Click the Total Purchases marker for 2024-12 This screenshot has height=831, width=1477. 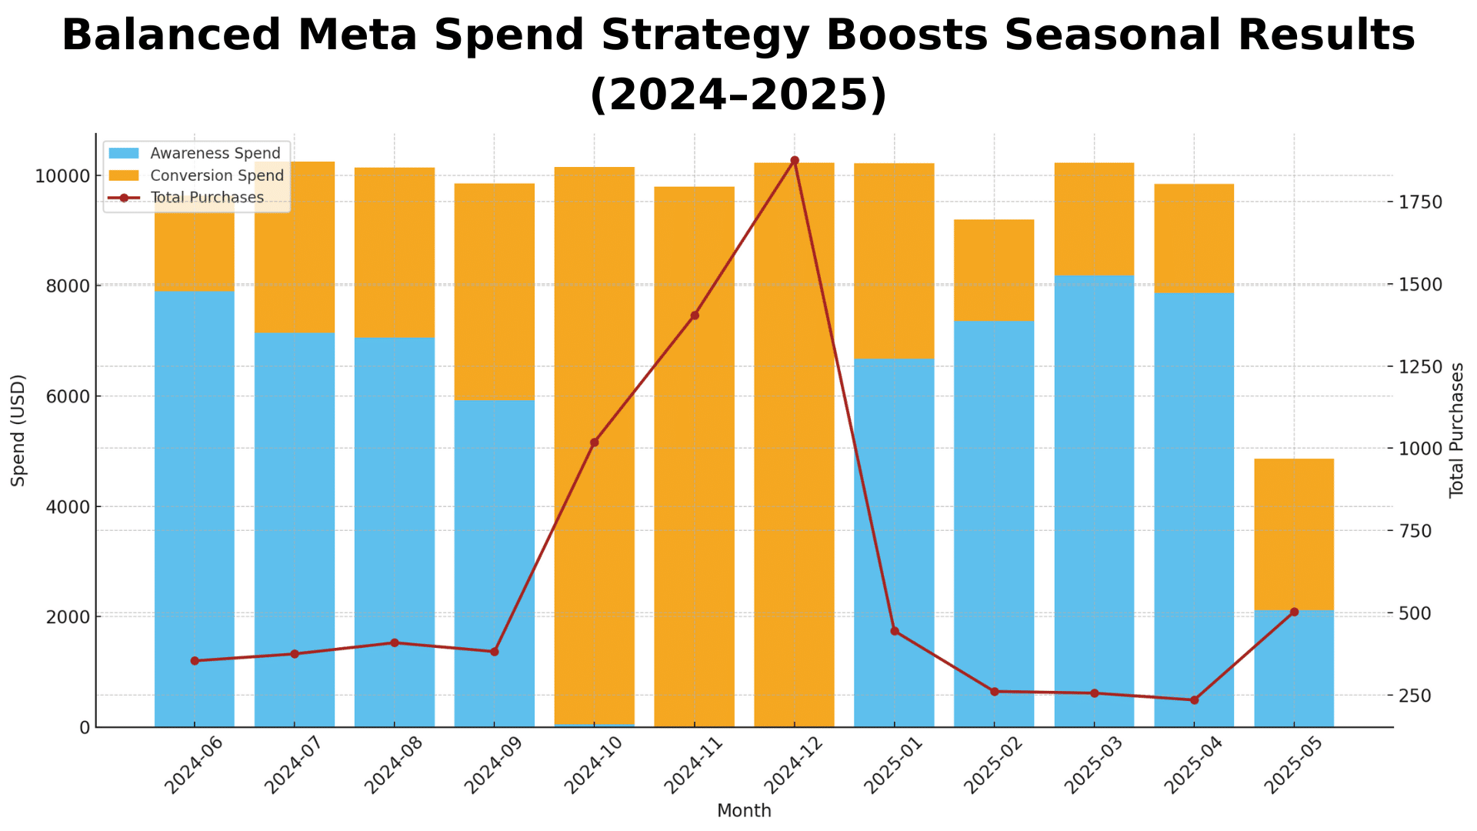click(x=795, y=161)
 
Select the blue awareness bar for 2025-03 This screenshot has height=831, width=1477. click(x=1094, y=500)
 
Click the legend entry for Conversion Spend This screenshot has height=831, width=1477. click(x=217, y=175)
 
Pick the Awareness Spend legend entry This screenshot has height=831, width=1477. click(x=215, y=154)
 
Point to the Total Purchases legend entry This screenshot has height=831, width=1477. click(x=207, y=198)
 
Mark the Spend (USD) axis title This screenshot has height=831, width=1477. click(x=18, y=430)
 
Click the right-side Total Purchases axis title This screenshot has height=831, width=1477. click(x=1456, y=430)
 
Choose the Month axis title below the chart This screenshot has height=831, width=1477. click(x=744, y=811)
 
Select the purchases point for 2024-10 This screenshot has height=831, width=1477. click(x=595, y=442)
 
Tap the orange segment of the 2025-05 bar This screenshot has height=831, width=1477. click(x=1294, y=534)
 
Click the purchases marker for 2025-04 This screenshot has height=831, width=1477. click(x=1194, y=700)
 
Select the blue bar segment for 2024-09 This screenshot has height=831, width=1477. click(x=495, y=562)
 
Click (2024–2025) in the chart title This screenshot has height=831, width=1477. click(x=738, y=95)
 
